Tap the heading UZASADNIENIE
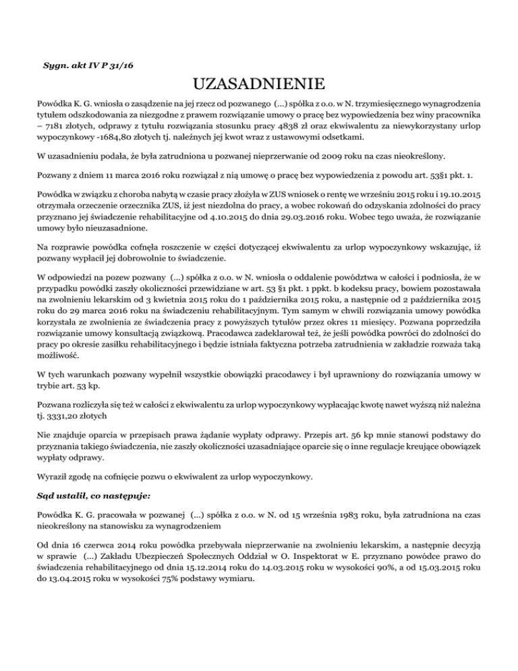pyautogui.click(x=258, y=85)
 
